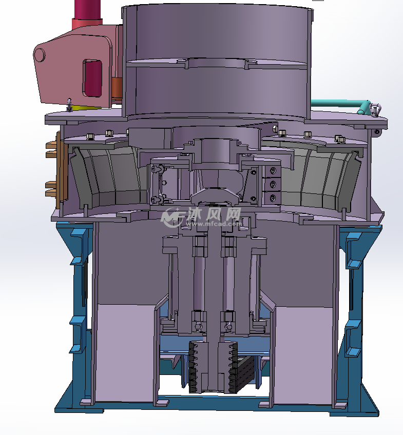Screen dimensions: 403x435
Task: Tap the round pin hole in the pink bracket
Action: [x=40, y=55]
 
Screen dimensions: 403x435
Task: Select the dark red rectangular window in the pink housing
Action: [x=92, y=78]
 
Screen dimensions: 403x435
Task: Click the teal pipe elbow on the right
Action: [x=364, y=107]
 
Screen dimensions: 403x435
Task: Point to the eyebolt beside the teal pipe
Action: [x=375, y=109]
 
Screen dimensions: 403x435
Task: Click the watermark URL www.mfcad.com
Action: [x=214, y=223]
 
